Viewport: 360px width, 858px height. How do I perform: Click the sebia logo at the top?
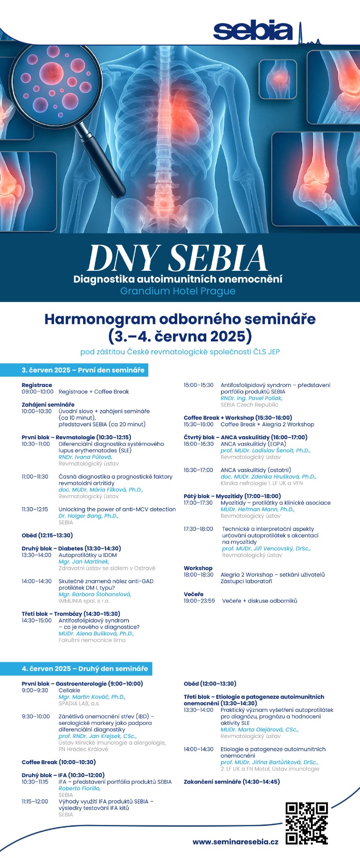(x=253, y=30)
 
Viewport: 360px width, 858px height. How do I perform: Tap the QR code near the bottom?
(x=306, y=823)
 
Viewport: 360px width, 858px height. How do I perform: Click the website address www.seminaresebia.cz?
(x=235, y=841)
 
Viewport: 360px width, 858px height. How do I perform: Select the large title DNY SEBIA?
(x=178, y=258)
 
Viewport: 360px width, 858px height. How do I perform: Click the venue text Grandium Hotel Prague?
(x=178, y=291)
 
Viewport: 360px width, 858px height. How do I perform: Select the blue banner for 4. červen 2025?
(x=76, y=669)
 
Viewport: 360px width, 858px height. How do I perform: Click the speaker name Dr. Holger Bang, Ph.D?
(x=88, y=516)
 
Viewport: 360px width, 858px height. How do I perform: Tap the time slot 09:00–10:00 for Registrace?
(x=38, y=392)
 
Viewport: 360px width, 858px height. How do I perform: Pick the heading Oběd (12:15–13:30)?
(x=47, y=535)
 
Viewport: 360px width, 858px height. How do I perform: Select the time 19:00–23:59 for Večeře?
(x=199, y=601)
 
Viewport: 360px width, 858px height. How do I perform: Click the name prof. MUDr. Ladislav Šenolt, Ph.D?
(x=265, y=450)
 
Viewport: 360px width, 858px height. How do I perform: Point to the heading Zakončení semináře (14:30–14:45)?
(x=231, y=782)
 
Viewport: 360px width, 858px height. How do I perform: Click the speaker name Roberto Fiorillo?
(x=80, y=789)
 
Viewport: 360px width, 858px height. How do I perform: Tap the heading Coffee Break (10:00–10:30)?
(x=59, y=762)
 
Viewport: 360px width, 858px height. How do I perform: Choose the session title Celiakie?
(x=69, y=690)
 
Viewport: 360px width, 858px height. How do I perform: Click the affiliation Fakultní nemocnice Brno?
(x=92, y=640)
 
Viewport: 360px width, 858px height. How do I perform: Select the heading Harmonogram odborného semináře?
(x=180, y=319)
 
